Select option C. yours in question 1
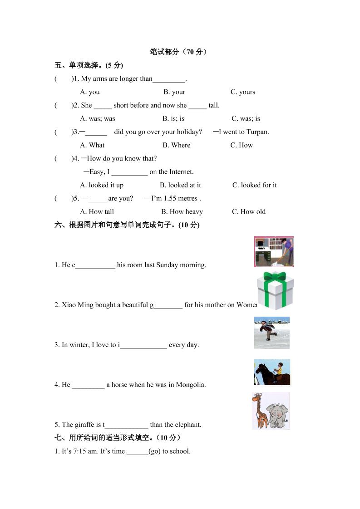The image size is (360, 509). (x=243, y=92)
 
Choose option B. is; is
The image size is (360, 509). (x=173, y=119)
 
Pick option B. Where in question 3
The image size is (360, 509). (x=177, y=145)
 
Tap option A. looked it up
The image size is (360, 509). (x=102, y=185)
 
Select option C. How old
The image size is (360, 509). (x=249, y=212)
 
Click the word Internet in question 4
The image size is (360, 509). (x=181, y=172)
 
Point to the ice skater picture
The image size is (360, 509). (x=271, y=333)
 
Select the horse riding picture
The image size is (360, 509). (x=272, y=372)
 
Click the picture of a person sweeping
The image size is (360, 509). (x=274, y=252)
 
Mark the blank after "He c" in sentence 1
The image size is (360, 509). (x=95, y=265)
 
